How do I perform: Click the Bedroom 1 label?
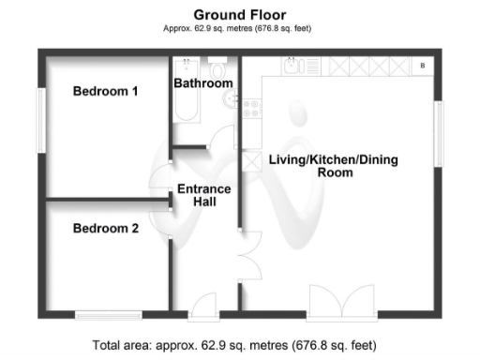pos(106,92)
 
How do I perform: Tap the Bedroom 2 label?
pos(106,228)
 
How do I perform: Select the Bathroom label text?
pos(203,83)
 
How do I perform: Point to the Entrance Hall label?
pos(204,195)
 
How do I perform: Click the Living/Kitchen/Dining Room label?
pos(334,167)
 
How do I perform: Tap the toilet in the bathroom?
pos(217,69)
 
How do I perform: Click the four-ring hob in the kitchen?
pos(251,109)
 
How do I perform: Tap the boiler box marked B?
pos(423,66)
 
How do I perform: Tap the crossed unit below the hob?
pos(250,160)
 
